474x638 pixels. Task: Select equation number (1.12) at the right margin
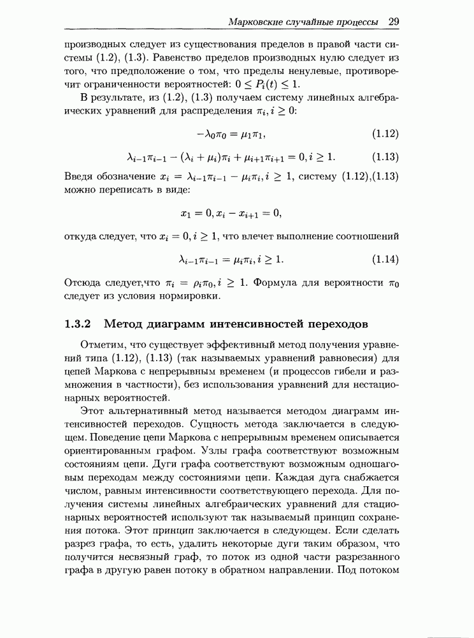point(385,134)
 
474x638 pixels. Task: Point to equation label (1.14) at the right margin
point(385,259)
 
